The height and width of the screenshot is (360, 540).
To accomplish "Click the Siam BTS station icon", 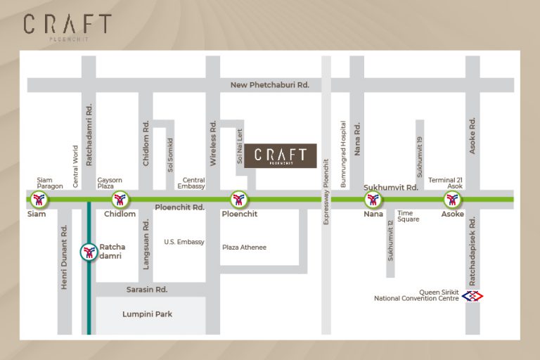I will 39,200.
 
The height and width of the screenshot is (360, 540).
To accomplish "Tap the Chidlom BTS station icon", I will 120,200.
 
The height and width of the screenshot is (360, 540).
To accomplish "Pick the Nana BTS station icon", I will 373,200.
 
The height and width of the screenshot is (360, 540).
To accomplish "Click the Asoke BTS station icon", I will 452,200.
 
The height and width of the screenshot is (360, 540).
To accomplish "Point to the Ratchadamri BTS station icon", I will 89,252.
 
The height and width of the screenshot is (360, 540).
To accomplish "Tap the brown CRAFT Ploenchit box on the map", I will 281,156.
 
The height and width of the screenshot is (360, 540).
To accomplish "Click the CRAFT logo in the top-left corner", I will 67,26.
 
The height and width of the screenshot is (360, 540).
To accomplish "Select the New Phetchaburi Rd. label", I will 270,85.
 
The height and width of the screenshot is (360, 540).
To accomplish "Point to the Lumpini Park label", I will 147,314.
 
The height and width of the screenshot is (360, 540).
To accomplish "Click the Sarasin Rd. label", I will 147,289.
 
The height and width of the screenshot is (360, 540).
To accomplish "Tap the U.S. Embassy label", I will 184,242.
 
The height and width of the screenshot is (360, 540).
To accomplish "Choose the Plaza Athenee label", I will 244,247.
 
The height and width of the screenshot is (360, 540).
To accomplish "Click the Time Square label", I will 408,216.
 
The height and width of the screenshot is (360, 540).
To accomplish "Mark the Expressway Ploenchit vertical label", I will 326,191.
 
